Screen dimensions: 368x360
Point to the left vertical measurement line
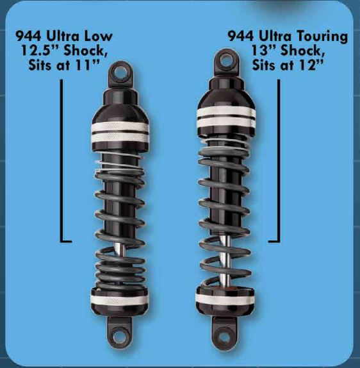click(x=61, y=160)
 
